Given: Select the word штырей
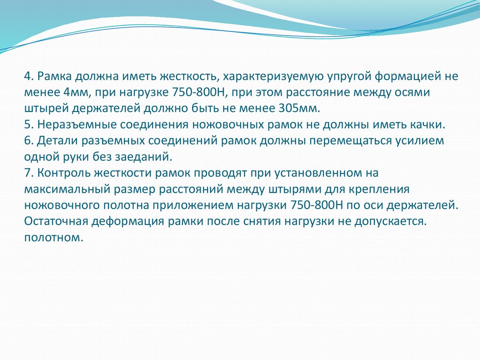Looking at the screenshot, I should point(41,109).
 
